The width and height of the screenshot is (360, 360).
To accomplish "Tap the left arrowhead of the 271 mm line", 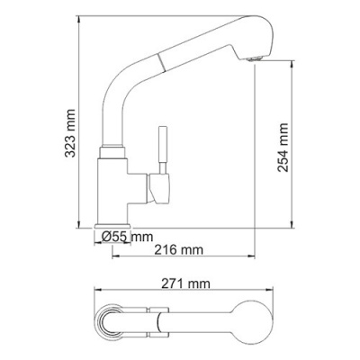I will (97, 293).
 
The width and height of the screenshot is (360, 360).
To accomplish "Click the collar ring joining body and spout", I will (112, 146).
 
